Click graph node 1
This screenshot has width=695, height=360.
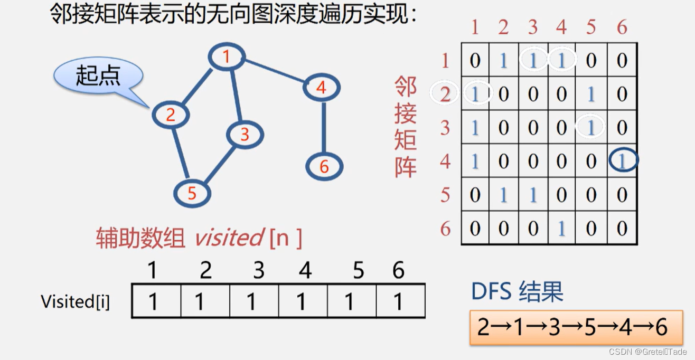(x=227, y=56)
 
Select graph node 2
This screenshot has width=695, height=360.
(x=171, y=115)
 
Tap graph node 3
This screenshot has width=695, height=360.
(x=245, y=135)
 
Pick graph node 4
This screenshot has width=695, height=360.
(x=321, y=88)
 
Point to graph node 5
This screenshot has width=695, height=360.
(x=192, y=193)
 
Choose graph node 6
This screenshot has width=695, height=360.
(x=324, y=167)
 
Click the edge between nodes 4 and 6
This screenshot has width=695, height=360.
(x=323, y=127)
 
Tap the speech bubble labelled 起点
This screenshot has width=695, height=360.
(x=99, y=75)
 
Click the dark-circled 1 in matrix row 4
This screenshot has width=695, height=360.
(x=623, y=160)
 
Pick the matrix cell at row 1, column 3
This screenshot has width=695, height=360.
(x=533, y=61)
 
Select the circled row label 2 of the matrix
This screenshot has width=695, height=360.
(x=445, y=94)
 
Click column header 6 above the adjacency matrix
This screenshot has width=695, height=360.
(x=622, y=27)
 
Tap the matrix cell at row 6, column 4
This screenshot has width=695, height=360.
(x=562, y=228)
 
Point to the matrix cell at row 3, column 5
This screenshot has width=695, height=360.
(x=590, y=127)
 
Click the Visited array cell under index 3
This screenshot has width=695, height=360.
(x=253, y=301)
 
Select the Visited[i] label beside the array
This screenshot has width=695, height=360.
(x=75, y=301)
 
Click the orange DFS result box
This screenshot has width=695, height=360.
(x=576, y=328)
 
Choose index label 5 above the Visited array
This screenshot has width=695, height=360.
(x=359, y=271)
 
